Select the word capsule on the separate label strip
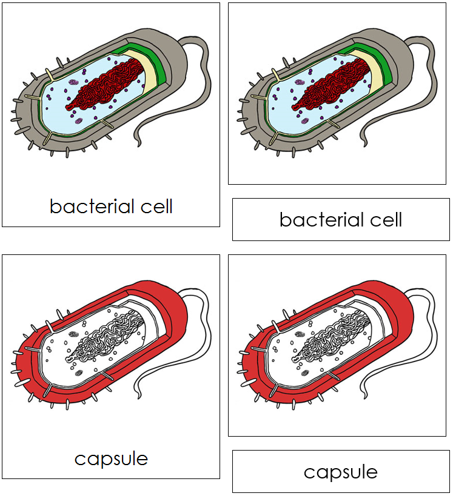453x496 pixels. pos(340,472)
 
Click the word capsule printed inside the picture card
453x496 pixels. pos(111,458)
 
